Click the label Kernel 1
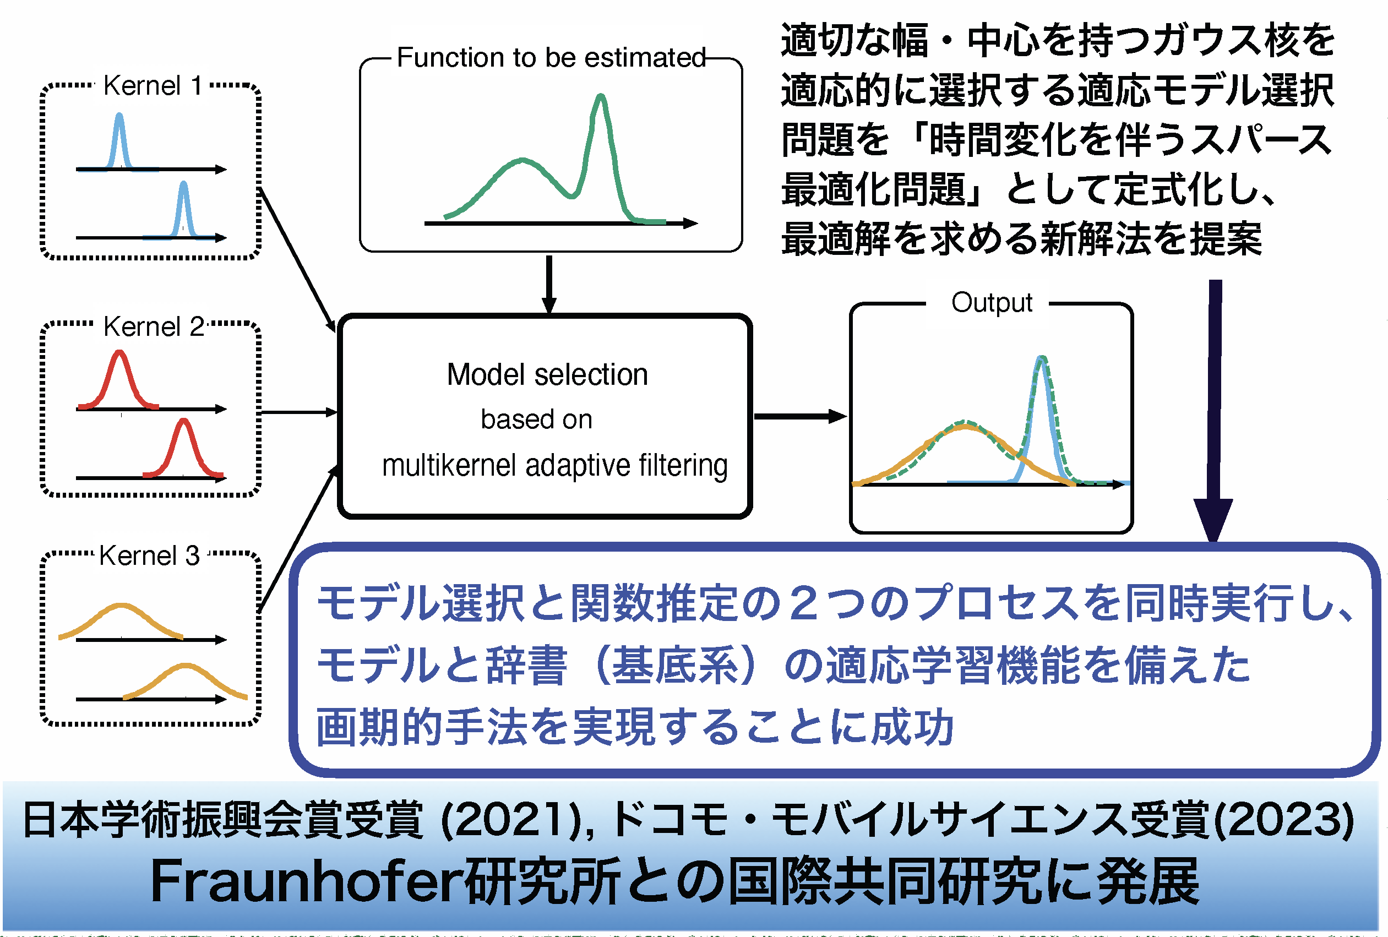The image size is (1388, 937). (153, 86)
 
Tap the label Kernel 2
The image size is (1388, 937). (154, 326)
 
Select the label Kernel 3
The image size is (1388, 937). (149, 555)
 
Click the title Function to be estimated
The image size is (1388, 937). (551, 58)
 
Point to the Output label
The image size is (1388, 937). (992, 303)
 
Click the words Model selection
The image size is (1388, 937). (547, 375)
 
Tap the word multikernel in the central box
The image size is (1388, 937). (448, 465)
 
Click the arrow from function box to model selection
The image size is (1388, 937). (549, 284)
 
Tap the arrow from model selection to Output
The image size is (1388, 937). (799, 416)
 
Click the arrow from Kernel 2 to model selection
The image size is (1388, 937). (298, 412)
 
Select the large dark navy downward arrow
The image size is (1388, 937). (1214, 406)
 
